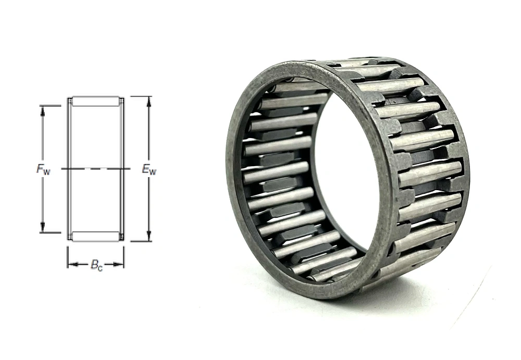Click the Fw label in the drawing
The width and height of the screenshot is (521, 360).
[43, 169]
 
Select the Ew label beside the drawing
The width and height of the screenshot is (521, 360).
[149, 169]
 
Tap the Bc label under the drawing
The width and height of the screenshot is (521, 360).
[97, 266]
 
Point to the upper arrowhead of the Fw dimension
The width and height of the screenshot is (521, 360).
[43, 110]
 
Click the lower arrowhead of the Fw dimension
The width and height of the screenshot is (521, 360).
[43, 228]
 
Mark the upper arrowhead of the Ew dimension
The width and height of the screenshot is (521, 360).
[149, 101]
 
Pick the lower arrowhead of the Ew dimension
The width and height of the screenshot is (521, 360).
[149, 237]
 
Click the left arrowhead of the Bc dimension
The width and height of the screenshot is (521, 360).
[73, 264]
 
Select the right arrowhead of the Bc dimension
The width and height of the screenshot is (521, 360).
[119, 264]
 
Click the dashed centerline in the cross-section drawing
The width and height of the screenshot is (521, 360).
[96, 169]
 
